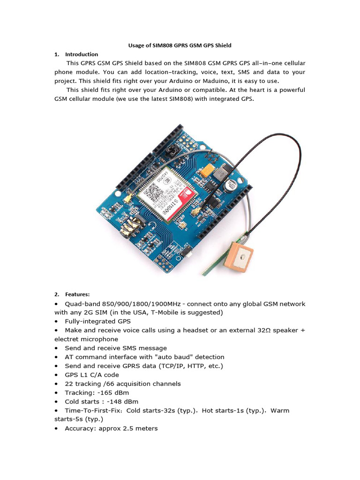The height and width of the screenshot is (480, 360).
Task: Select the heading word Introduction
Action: pyautogui.click(x=82, y=54)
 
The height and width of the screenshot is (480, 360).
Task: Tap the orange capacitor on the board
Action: pyautogui.click(x=205, y=172)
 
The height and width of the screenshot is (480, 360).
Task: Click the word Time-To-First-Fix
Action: pyautogui.click(x=93, y=411)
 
